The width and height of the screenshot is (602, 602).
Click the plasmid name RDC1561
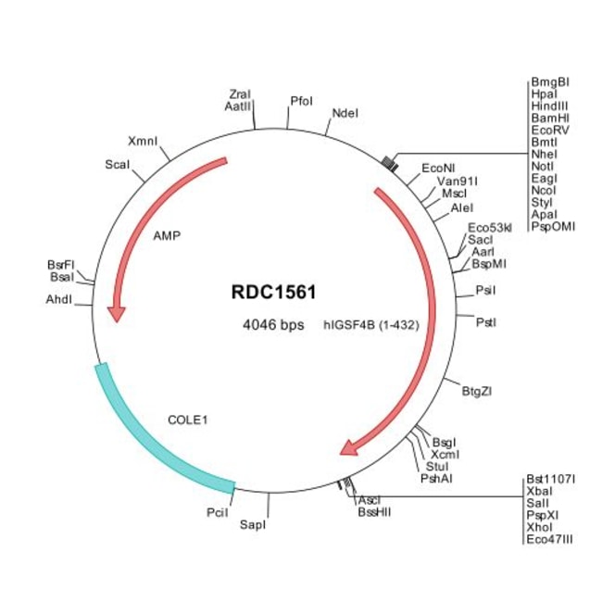click(273, 293)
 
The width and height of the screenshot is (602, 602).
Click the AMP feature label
click(167, 235)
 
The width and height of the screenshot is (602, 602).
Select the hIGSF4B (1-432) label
click(368, 325)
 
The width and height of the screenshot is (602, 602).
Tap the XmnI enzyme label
click(143, 142)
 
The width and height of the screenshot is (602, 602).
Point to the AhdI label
click(58, 299)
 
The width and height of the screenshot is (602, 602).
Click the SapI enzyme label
click(253, 525)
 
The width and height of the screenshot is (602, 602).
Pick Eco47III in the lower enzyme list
click(549, 538)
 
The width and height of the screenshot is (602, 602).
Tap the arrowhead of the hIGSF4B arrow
click(348, 448)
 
